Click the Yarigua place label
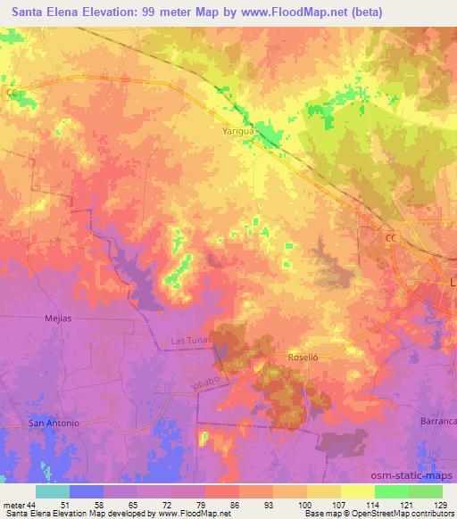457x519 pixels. [x=238, y=130]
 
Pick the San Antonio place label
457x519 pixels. [x=54, y=423]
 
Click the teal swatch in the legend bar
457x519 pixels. [x=53, y=491]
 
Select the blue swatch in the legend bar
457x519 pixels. [x=87, y=491]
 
